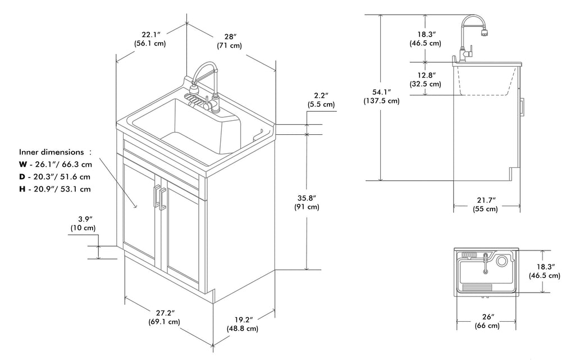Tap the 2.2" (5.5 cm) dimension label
[321, 100]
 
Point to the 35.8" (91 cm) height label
[307, 202]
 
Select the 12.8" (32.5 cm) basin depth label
[425, 79]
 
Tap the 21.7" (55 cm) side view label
[485, 204]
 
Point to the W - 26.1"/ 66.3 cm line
[54, 165]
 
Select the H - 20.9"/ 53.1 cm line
[54, 189]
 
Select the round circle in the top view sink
[502, 261]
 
